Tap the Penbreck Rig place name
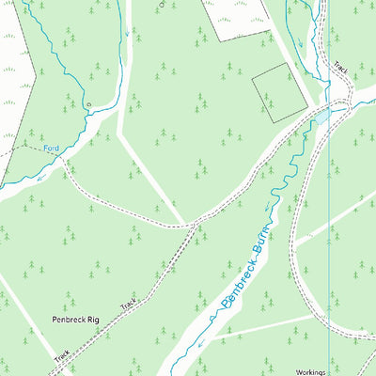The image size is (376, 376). click(75, 321)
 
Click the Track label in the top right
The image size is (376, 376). click(340, 69)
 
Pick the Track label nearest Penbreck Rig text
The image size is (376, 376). click(129, 304)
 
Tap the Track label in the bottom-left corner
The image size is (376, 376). click(62, 358)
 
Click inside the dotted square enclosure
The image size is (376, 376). click(280, 95)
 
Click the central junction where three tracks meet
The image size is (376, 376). click(194, 225)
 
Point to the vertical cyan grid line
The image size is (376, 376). click(330, 235)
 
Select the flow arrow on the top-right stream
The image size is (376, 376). click(301, 42)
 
